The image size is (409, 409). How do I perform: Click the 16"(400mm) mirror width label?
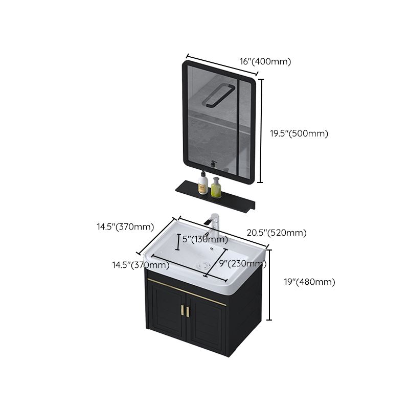pyautogui.click(x=265, y=61)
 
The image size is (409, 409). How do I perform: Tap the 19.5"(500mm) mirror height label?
pyautogui.click(x=299, y=133)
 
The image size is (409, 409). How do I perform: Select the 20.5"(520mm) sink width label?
pyautogui.click(x=277, y=233)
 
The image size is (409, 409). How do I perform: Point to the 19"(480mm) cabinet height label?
pyautogui.click(x=309, y=282)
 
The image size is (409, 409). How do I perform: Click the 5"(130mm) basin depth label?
pyautogui.click(x=205, y=239)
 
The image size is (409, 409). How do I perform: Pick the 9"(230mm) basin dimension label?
pyautogui.click(x=243, y=264)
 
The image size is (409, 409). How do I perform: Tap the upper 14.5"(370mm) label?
pyautogui.click(x=126, y=226)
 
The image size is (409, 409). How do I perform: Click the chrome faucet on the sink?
pyautogui.click(x=215, y=225)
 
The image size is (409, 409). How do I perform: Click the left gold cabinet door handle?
pyautogui.click(x=181, y=310)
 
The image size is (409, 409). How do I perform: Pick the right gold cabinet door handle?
pyautogui.click(x=188, y=312)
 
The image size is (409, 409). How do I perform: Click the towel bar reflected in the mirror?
pyautogui.click(x=217, y=96)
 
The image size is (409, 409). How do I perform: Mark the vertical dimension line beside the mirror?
pyautogui.click(x=262, y=130)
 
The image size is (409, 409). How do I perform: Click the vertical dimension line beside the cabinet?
pyautogui.click(x=269, y=284)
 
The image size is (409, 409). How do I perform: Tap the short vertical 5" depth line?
pyautogui.click(x=177, y=242)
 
